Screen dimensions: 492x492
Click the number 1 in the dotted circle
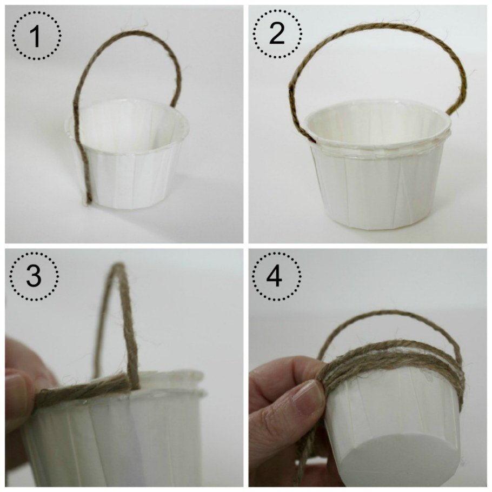click(x=36, y=36)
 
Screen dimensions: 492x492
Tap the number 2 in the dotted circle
click(x=277, y=34)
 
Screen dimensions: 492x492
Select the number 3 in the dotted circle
click(x=34, y=276)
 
